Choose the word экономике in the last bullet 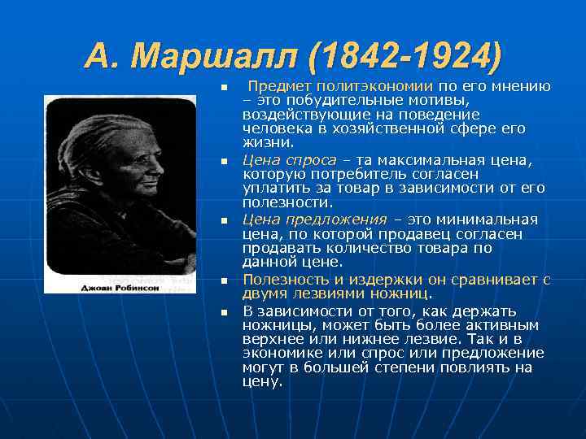click(x=282, y=353)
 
